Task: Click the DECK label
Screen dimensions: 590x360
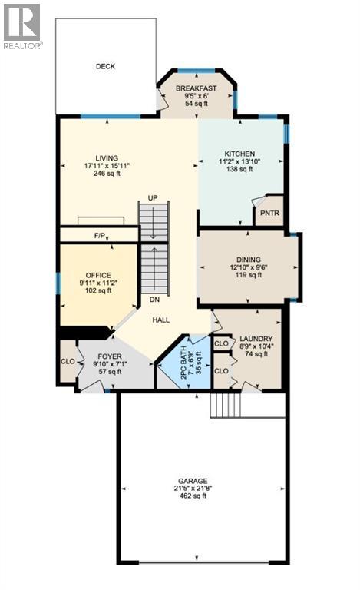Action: (x=105, y=67)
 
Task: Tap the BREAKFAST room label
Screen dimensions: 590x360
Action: (x=196, y=89)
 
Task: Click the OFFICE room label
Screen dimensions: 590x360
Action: (x=98, y=275)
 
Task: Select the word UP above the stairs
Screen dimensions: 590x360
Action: (x=153, y=198)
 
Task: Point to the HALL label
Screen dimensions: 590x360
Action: (x=160, y=320)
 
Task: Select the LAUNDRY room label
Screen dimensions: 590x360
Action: (x=255, y=338)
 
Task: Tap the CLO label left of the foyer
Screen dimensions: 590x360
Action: (x=67, y=360)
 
